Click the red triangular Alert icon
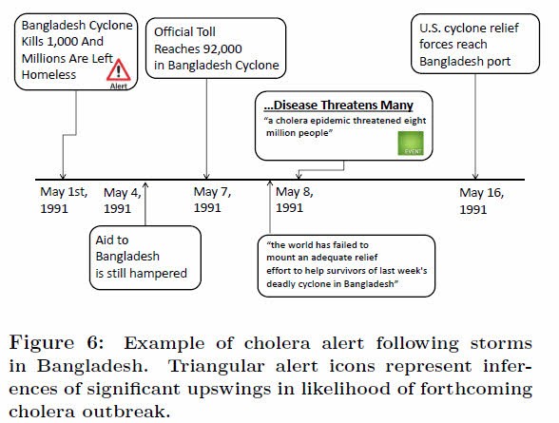point(119,71)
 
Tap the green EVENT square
point(411,144)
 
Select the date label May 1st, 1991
point(64,200)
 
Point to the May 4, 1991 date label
point(122,201)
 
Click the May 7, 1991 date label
point(212,200)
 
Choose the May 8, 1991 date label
point(294,200)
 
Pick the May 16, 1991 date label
point(481,201)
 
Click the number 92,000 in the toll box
point(222,48)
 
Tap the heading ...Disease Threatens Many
point(338,106)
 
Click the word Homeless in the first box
point(48,75)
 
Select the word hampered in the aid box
point(157,274)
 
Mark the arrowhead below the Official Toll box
point(206,176)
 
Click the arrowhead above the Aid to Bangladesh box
point(145,185)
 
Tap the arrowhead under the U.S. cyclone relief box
point(475,176)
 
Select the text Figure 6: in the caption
point(56,343)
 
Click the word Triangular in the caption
point(216,366)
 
